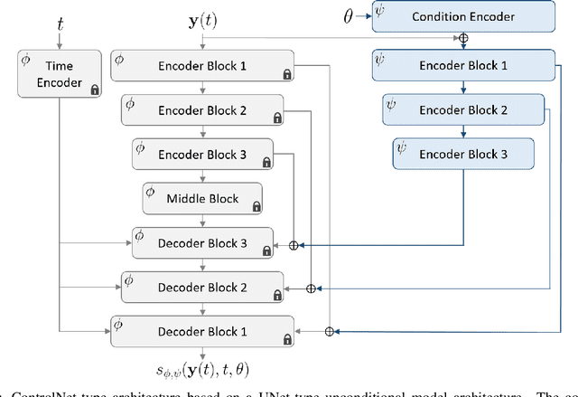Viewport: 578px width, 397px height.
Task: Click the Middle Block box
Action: click(202, 197)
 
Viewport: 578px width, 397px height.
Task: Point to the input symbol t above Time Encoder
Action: click(60, 24)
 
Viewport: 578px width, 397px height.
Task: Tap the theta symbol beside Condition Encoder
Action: click(350, 15)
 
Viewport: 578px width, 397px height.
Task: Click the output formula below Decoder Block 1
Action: click(202, 369)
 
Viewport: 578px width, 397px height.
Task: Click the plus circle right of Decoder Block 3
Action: click(293, 244)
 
